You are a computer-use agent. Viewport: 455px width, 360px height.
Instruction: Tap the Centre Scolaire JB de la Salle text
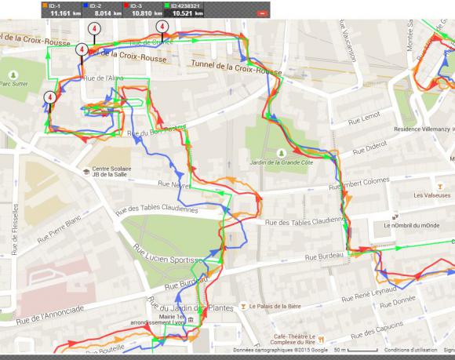pyautogui.click(x=112, y=172)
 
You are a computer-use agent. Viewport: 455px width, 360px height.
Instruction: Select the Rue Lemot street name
pyautogui.click(x=364, y=116)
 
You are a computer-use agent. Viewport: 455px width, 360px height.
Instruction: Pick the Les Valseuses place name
pyautogui.click(x=430, y=195)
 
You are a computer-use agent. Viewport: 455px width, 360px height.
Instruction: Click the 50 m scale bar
pyautogui.click(x=345, y=351)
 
